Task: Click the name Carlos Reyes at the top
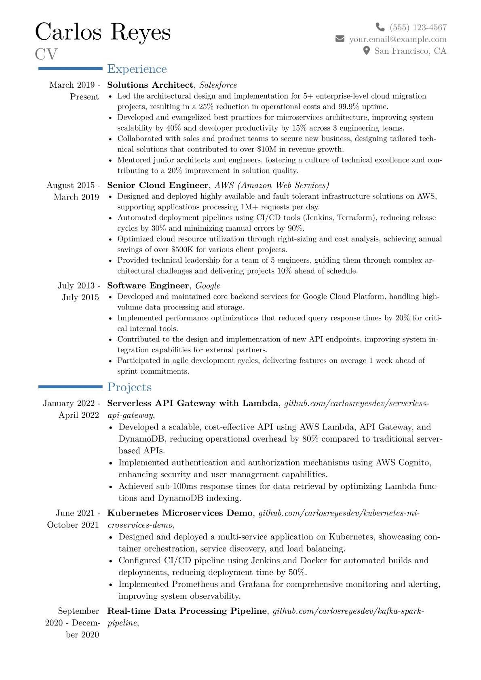[x=103, y=32]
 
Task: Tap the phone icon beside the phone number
[x=380, y=27]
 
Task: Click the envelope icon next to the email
[x=340, y=39]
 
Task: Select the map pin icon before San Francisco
[x=366, y=51]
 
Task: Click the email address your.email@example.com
[x=398, y=39]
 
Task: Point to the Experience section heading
[x=137, y=69]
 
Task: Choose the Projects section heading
[x=129, y=387]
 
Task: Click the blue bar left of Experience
[x=70, y=69]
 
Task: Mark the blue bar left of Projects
[x=70, y=387]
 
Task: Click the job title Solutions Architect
[x=150, y=85]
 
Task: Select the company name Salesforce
[x=218, y=85]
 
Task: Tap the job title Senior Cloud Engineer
[x=158, y=185]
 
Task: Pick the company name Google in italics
[x=208, y=286]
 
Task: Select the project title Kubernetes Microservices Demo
[x=180, y=513]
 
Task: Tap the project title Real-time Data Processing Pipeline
[x=187, y=611]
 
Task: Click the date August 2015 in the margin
[x=71, y=185]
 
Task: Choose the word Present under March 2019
[x=84, y=97]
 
